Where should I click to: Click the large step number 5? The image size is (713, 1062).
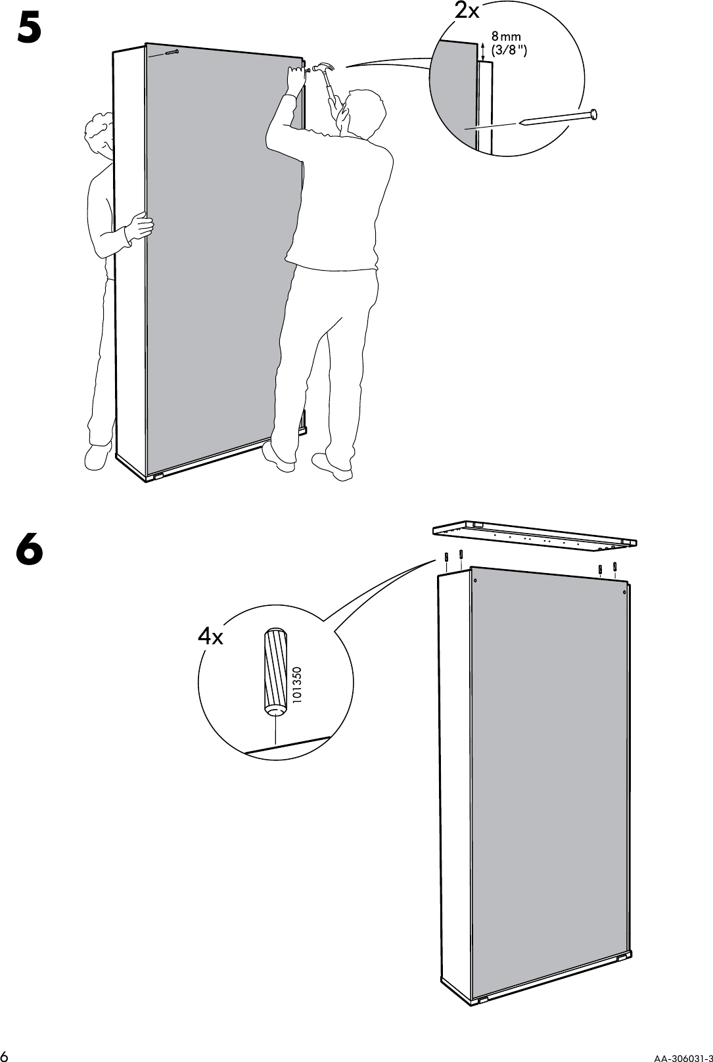click(x=30, y=28)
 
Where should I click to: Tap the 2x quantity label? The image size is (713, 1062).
click(x=467, y=11)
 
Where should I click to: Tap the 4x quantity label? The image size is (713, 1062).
click(x=210, y=636)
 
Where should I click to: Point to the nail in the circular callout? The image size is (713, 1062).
click(x=559, y=118)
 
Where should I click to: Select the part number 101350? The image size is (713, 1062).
click(x=297, y=687)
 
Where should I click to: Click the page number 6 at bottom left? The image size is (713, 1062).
click(x=7, y=1054)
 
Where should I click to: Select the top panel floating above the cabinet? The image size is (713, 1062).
click(x=534, y=533)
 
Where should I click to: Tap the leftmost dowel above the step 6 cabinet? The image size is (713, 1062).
click(x=447, y=557)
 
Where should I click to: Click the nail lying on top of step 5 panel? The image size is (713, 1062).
click(x=172, y=53)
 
